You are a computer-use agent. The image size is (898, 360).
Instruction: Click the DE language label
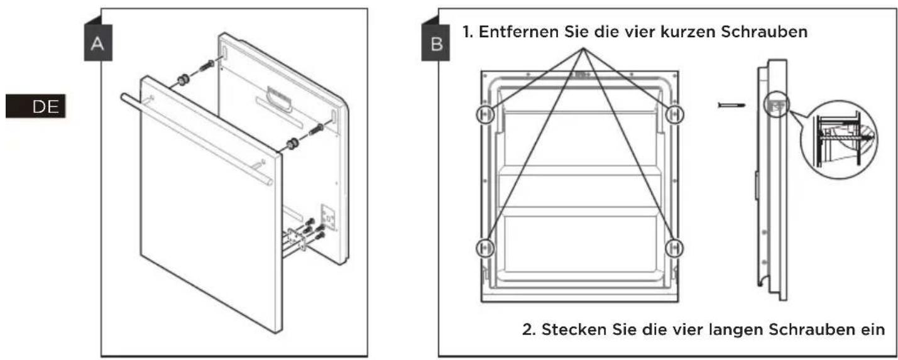(x=35, y=106)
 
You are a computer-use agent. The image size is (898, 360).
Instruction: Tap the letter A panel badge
(x=98, y=43)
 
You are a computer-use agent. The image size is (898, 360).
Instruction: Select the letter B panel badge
(x=435, y=43)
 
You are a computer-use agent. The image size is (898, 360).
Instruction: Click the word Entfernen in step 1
(x=519, y=31)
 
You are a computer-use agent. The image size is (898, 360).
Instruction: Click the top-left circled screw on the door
(x=485, y=114)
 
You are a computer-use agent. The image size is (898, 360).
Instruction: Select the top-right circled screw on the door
(x=674, y=114)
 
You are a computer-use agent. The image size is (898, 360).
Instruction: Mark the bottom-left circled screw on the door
(x=485, y=248)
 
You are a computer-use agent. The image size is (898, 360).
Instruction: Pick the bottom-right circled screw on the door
(x=674, y=248)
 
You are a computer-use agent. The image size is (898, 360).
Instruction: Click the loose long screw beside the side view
(x=731, y=106)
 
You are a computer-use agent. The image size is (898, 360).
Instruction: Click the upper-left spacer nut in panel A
(x=183, y=80)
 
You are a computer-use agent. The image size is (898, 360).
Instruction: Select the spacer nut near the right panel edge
(x=292, y=144)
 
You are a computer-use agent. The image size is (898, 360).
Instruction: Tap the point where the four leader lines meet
(x=584, y=48)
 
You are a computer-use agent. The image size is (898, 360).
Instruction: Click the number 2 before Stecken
(x=528, y=330)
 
